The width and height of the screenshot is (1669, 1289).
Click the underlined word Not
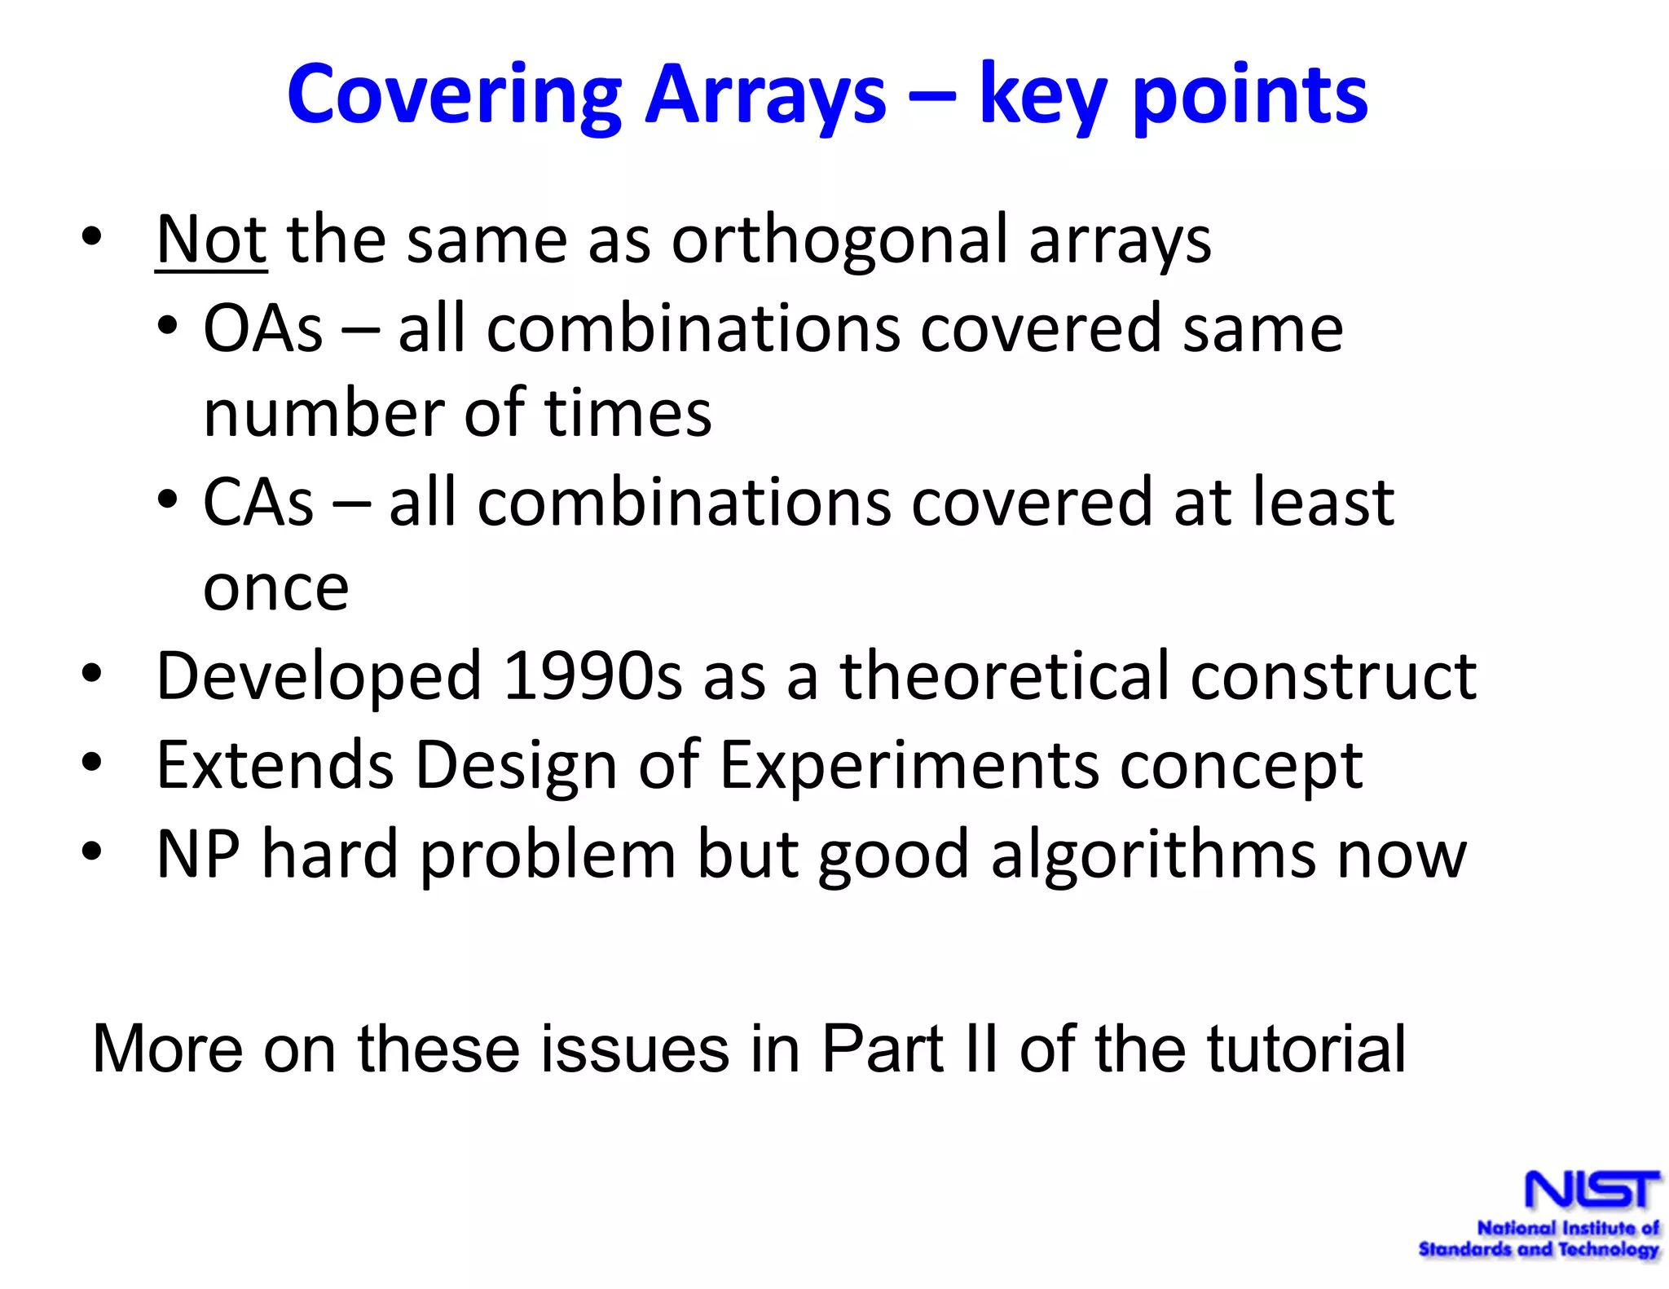pos(210,240)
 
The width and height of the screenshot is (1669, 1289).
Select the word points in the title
pos(1250,96)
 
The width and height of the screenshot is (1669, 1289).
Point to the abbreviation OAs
pos(262,328)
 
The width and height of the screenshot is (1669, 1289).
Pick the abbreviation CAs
pos(258,503)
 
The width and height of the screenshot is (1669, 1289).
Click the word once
pos(275,588)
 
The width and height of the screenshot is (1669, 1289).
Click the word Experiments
pos(909,765)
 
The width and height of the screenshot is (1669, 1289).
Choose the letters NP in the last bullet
pos(198,854)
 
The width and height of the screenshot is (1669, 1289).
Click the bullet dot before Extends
pos(91,763)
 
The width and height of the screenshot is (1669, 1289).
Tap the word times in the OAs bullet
pos(628,414)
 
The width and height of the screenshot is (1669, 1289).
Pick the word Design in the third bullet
pos(515,765)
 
